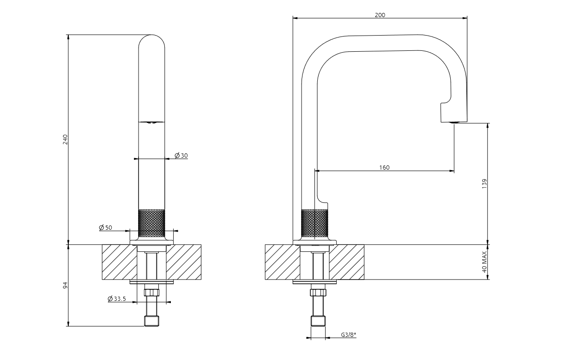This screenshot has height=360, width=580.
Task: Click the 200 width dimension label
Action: click(380, 15)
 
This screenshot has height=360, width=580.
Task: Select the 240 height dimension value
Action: click(65, 140)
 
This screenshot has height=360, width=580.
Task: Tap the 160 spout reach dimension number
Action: click(384, 167)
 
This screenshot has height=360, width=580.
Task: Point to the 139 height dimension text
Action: click(484, 183)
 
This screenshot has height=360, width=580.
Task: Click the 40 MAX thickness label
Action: click(484, 262)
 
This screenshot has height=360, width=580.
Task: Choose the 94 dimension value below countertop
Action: click(65, 285)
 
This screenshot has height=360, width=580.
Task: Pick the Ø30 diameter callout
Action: click(181, 155)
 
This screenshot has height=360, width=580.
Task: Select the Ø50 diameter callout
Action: click(105, 227)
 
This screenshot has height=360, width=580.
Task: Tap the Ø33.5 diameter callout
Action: click(117, 299)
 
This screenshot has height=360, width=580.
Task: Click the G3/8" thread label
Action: click(349, 335)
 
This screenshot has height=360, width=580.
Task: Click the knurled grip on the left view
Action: click(151, 223)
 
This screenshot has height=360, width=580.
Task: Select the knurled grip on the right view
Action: click(314, 223)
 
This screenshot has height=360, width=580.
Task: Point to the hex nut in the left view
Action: click(151, 293)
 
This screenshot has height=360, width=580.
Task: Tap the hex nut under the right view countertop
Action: click(318, 293)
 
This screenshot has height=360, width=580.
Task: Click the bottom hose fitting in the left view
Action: click(151, 321)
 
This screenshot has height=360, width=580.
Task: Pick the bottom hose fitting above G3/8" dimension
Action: click(318, 321)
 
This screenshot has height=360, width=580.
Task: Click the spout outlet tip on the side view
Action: click(454, 122)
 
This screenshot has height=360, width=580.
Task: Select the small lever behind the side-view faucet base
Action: click(323, 201)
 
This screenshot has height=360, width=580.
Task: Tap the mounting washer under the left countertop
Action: click(151, 282)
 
